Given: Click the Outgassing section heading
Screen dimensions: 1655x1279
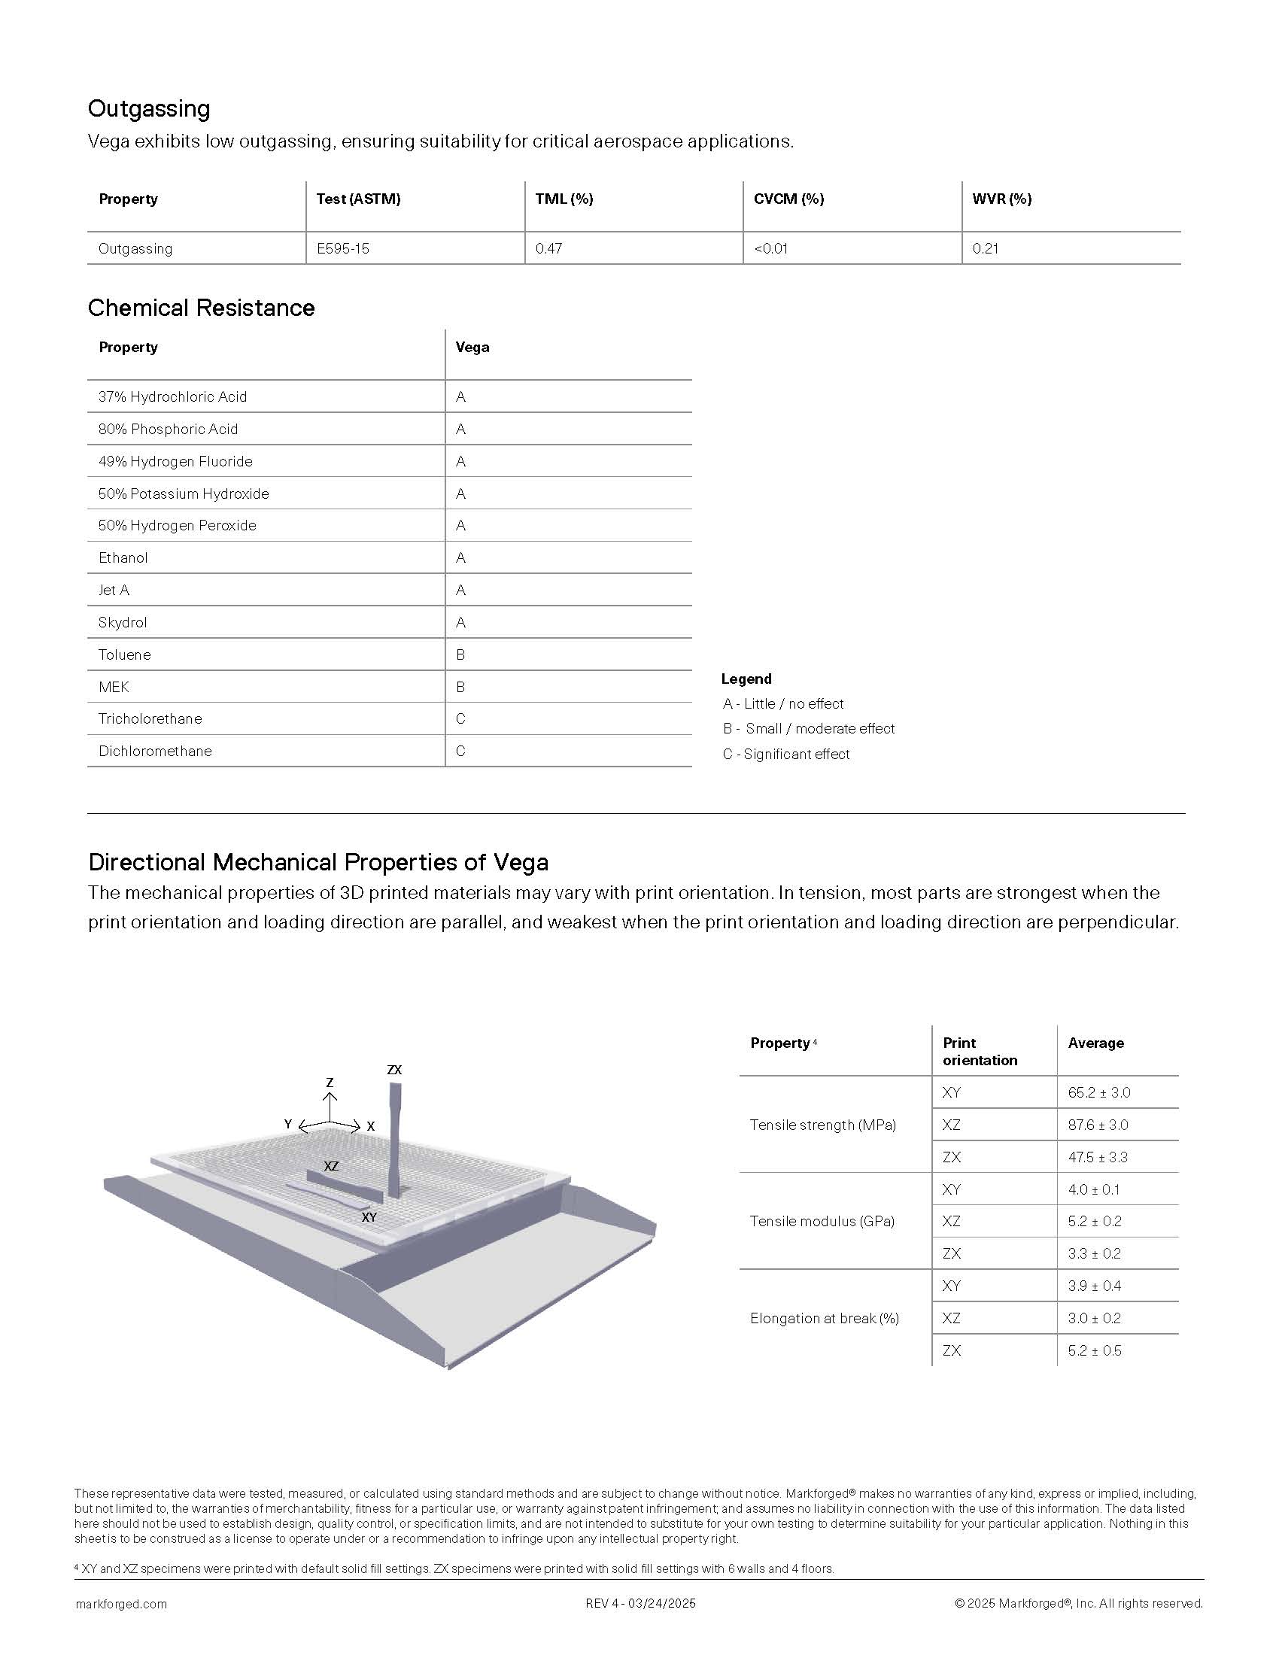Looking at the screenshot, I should (148, 108).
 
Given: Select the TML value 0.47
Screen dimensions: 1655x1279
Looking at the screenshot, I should (548, 248).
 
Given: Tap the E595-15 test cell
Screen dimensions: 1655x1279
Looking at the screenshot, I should (342, 248).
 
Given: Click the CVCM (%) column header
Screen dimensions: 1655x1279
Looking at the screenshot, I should (788, 199).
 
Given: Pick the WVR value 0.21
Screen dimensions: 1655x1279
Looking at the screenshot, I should (985, 248).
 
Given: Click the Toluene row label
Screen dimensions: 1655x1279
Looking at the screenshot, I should (124, 654).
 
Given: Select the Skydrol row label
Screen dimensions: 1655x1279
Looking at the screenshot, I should (123, 622).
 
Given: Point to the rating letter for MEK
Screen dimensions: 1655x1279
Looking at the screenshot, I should (460, 688).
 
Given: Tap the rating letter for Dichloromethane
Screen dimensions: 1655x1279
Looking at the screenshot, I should (460, 751).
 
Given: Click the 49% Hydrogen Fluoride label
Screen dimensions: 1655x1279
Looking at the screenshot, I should (175, 461).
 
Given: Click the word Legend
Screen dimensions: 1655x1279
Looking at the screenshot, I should (746, 679).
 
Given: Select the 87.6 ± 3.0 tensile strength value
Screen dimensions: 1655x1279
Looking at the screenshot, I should (1098, 1125).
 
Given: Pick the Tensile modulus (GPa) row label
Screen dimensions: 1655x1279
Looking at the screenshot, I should (822, 1221).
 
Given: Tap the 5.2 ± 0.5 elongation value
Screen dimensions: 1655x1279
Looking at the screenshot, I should (1094, 1350).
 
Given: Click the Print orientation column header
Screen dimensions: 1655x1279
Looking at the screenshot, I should (979, 1051).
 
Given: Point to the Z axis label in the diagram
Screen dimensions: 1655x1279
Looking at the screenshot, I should (330, 1083).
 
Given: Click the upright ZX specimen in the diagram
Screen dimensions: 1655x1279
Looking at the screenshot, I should (394, 1137).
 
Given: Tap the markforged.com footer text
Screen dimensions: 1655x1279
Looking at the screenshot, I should (121, 1604).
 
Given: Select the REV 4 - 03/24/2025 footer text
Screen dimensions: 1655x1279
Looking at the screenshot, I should (640, 1604).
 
